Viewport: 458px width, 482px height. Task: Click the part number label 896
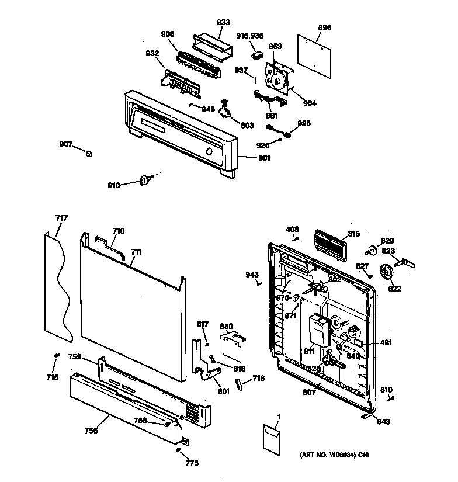325,27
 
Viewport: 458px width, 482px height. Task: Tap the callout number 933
224,23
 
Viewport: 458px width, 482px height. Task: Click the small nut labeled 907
88,154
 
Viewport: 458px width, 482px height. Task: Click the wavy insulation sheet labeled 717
59,286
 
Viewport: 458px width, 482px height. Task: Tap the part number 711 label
136,252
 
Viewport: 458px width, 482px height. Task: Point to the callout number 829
387,241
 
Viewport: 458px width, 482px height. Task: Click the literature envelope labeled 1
270,439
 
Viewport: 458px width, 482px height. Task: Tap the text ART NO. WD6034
325,455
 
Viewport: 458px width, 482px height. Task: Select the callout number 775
192,463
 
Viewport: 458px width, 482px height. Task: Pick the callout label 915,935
251,36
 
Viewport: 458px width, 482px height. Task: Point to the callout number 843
383,421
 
